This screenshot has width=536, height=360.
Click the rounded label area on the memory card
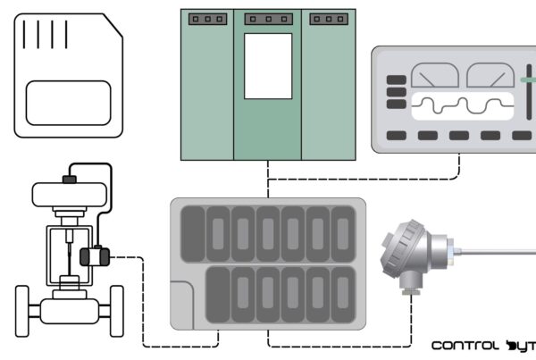pos(68,102)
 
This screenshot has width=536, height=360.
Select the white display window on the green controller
pos(268,66)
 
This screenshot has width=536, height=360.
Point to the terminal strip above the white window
pos(268,19)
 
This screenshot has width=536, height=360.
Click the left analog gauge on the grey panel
pos(434,76)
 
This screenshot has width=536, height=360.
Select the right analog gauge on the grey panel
pos(490,76)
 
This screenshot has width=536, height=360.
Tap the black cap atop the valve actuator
pos(70,179)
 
